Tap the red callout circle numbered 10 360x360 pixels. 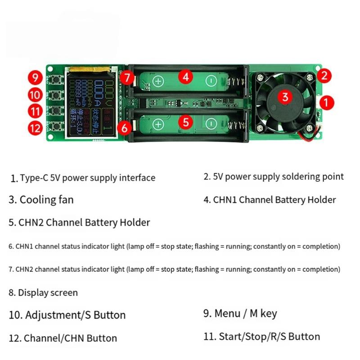coord(36,94)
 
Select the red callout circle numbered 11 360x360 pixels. coord(36,111)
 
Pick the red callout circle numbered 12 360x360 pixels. coord(36,128)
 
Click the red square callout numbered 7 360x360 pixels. coord(127,78)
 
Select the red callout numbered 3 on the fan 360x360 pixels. coord(284,96)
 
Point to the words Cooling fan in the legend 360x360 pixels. coord(46,200)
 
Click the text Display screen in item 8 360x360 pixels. coord(48,292)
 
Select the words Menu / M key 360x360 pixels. coord(246,314)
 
